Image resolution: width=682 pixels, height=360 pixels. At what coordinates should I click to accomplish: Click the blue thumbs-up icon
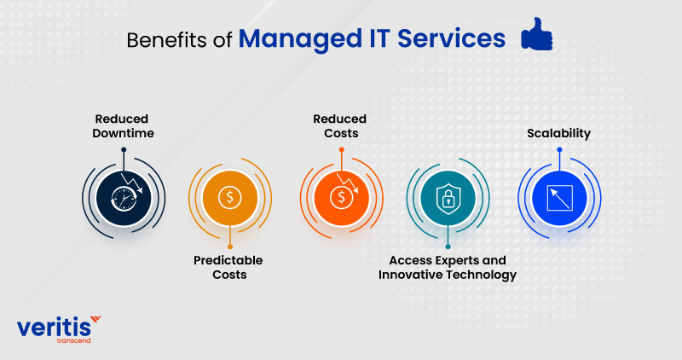pos(537,34)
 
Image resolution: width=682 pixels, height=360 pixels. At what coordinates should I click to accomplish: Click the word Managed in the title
pos(300,38)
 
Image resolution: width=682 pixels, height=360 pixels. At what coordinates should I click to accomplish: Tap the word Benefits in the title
pos(166,40)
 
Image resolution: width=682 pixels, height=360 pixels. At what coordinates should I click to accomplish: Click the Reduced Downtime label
pos(123,125)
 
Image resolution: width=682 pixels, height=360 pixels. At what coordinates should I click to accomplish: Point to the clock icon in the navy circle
pos(124,199)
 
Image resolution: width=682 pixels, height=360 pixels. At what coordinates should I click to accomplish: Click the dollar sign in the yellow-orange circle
pos(230,198)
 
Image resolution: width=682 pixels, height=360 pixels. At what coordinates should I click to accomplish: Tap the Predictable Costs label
pos(228,267)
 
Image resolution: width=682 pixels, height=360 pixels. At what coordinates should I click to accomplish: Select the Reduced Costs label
pos(340,125)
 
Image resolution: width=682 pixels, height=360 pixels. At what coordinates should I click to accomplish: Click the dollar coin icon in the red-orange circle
pos(342,198)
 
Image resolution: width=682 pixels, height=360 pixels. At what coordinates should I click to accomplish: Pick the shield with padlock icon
pos(448,199)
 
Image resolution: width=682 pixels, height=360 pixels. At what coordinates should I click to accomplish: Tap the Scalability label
pos(559,133)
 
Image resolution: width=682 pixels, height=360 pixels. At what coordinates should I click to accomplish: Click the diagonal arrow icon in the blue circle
pos(559,198)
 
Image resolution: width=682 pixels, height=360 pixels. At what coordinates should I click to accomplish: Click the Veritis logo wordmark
pos(55,327)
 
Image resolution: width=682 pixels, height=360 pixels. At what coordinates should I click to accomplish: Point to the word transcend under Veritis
pos(73,340)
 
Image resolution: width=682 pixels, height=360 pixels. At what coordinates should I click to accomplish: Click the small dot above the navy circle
pos(124,150)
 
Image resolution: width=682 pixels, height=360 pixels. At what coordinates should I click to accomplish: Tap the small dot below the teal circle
pos(448,247)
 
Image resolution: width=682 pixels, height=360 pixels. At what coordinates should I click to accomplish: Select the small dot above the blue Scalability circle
pos(559,150)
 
